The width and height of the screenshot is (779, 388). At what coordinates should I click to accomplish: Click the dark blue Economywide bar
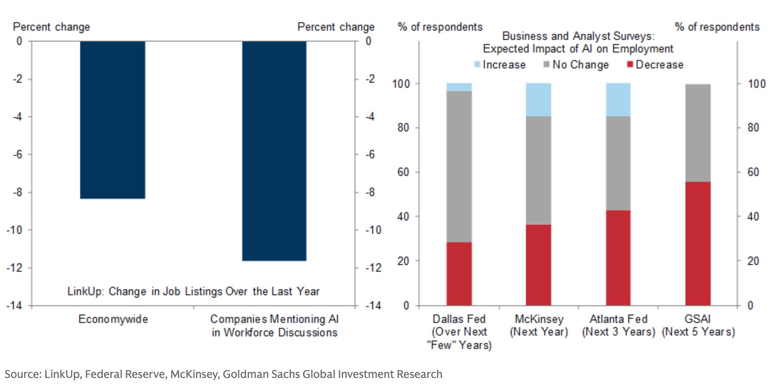[x=112, y=120]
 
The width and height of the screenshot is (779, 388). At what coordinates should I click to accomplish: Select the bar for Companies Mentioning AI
[x=274, y=151]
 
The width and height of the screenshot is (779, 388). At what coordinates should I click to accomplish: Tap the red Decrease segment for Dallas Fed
[x=459, y=273]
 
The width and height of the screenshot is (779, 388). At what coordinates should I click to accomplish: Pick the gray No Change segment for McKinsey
[x=539, y=170]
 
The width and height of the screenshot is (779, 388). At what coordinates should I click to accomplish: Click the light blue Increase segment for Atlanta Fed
[x=618, y=100]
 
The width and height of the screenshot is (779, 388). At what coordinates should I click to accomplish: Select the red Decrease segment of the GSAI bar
[x=698, y=243]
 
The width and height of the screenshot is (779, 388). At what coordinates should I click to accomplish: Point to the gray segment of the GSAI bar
[x=698, y=133]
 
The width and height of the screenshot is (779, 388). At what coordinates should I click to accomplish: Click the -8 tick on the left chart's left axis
[x=18, y=192]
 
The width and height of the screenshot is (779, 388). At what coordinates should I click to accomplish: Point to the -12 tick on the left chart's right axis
[x=373, y=268]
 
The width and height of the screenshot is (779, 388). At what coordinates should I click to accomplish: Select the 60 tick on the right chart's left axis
[x=403, y=172]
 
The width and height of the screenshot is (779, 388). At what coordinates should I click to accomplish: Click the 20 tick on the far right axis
[x=753, y=261]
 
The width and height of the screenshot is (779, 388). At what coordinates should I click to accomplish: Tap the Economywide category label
[x=113, y=319]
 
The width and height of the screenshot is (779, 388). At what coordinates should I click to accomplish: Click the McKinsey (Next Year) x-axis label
[x=539, y=325]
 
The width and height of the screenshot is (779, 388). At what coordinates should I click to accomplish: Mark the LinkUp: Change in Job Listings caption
[x=193, y=291]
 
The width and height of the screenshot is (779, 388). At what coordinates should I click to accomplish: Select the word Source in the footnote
[x=22, y=374]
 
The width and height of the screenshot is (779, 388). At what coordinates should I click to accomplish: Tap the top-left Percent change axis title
[x=52, y=27]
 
